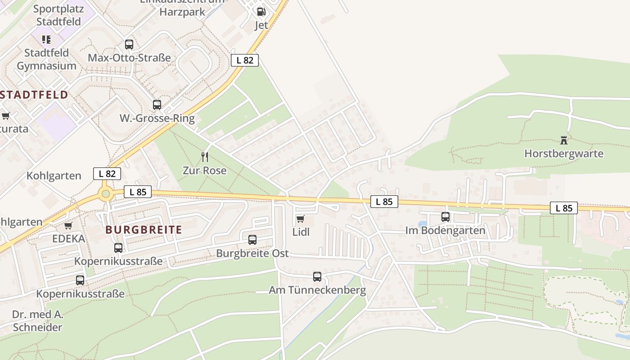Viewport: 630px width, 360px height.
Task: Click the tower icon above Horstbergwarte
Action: coord(563,140)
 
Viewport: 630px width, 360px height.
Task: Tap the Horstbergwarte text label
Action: coord(563,153)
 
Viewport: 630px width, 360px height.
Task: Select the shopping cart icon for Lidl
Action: coord(300,219)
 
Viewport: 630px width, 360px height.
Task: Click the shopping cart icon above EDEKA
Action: coord(68,225)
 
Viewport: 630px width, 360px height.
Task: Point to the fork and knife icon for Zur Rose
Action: coord(205,157)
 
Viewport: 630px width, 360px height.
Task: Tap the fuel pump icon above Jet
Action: coord(261,12)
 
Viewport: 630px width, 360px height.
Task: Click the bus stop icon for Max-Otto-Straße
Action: coord(129,45)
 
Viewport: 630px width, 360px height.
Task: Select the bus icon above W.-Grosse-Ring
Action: coord(157,105)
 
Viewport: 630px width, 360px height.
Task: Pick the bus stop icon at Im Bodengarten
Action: coord(445,217)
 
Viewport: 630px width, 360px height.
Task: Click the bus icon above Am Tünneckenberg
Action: coord(317,277)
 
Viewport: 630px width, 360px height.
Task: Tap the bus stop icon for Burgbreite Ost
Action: coord(252,240)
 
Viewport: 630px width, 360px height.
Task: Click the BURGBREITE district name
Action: coord(144,230)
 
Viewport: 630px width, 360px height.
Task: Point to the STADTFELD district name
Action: coord(34,94)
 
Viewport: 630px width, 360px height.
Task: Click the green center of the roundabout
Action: coord(106,194)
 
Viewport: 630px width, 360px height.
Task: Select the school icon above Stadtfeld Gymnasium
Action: coord(46,40)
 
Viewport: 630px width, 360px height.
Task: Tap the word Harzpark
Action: coord(182,12)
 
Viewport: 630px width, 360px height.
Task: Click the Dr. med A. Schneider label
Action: coord(37,321)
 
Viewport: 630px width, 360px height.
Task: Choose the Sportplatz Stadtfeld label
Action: coord(58,15)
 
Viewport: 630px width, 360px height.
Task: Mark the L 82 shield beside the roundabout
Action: coord(107,174)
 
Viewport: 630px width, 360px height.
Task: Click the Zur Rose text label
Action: coord(204,171)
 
